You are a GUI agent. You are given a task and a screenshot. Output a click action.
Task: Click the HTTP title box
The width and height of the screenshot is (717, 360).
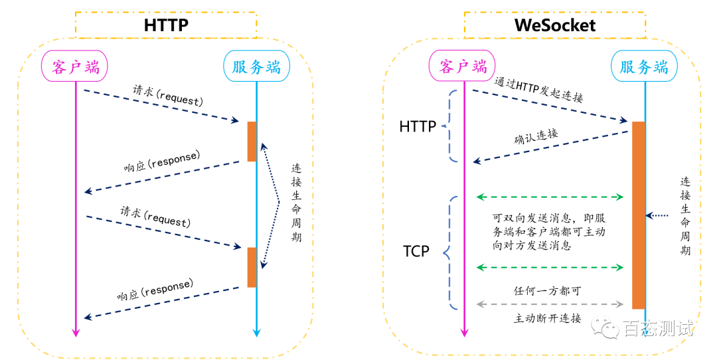(165, 25)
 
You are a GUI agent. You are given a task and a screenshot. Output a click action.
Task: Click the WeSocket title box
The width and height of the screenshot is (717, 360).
(554, 25)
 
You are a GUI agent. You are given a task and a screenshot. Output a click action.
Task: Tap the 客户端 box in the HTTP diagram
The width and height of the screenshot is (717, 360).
(76, 66)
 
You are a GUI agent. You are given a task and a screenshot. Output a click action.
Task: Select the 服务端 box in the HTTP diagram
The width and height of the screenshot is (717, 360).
(256, 66)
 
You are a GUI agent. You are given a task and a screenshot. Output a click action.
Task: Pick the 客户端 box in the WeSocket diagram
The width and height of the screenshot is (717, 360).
(462, 66)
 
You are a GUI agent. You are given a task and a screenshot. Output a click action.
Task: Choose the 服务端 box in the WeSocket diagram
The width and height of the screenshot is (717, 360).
(644, 66)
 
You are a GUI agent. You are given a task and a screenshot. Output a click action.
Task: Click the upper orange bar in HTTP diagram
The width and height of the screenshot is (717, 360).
(252, 141)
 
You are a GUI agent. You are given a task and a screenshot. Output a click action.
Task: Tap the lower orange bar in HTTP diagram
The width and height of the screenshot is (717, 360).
(252, 267)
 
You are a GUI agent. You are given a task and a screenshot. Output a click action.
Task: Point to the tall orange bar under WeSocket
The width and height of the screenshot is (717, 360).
(639, 215)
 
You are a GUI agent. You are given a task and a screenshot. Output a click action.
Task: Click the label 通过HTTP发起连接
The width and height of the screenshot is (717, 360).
(538, 90)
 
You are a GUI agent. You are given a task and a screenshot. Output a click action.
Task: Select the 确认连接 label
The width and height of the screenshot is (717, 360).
(536, 136)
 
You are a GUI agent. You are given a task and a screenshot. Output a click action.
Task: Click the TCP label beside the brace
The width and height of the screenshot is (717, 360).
(416, 251)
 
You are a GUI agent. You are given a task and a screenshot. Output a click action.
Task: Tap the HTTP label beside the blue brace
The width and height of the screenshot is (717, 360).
(418, 126)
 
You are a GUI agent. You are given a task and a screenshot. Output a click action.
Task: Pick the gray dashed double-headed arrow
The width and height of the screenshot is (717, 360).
(550, 304)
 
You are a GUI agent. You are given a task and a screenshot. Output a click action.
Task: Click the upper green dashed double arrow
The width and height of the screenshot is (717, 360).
(550, 197)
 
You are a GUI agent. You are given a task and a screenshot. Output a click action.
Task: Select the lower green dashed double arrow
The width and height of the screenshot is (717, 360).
(550, 267)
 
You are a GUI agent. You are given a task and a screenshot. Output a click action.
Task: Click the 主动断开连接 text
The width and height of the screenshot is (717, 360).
(547, 318)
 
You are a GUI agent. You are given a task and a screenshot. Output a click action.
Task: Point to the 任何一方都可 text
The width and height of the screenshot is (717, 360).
(547, 291)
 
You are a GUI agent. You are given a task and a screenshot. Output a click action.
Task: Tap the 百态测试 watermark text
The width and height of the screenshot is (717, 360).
(659, 328)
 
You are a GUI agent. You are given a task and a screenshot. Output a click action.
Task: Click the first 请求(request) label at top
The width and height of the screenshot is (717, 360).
(168, 95)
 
